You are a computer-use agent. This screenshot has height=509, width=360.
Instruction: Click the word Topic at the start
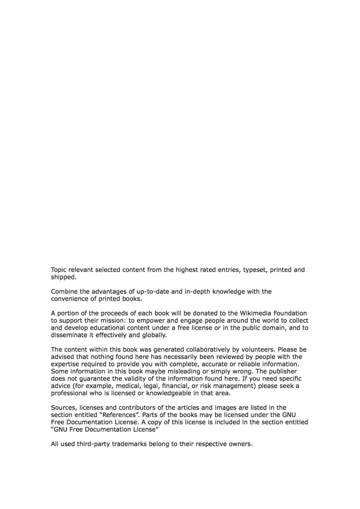pyautogui.click(x=59, y=270)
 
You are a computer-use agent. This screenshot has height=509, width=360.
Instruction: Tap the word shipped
pyautogui.click(x=63, y=277)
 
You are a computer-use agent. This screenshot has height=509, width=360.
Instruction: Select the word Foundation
pyautogui.click(x=289, y=313)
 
